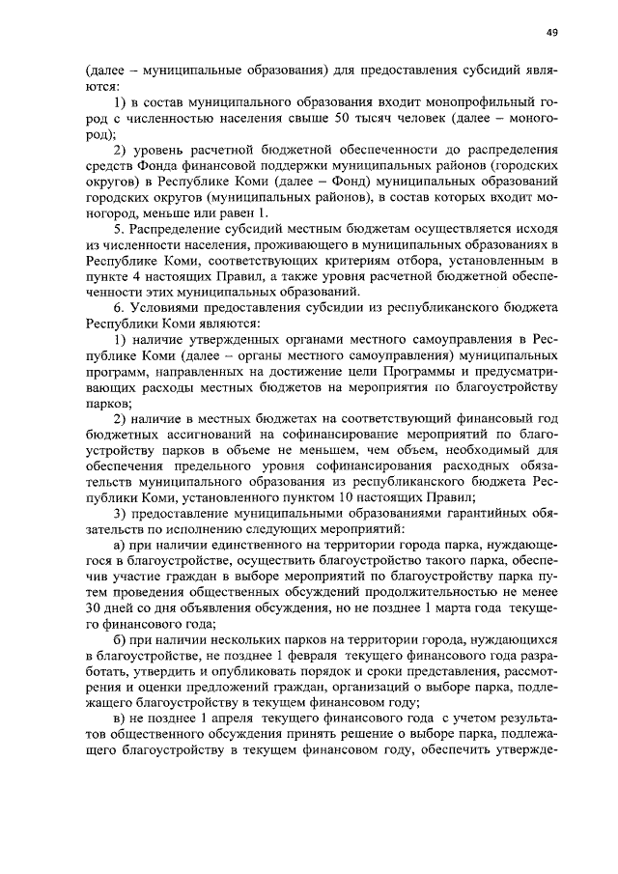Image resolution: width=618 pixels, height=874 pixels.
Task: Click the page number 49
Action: [551, 33]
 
